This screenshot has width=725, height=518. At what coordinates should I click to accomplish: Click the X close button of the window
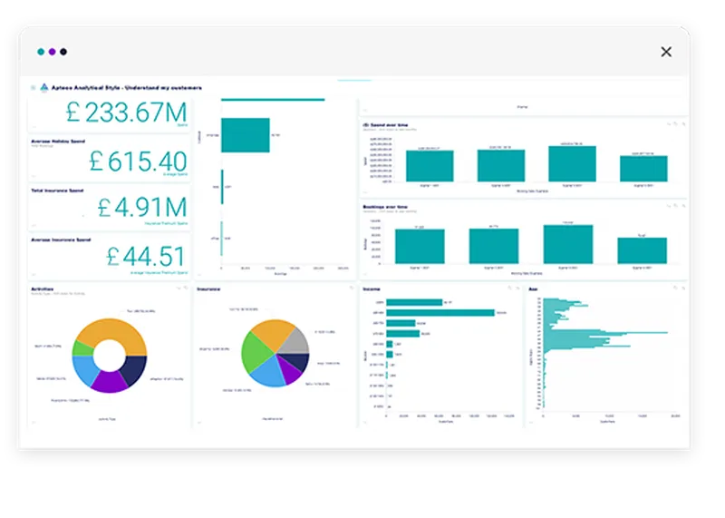666,52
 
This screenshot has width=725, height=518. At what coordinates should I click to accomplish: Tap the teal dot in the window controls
41,52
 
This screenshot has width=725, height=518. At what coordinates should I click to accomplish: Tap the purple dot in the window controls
52,52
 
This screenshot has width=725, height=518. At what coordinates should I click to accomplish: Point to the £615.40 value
137,161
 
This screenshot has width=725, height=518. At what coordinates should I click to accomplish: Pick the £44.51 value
145,255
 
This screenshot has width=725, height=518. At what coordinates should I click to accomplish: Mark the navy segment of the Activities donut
135,368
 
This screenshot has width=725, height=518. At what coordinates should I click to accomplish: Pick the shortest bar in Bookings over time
641,250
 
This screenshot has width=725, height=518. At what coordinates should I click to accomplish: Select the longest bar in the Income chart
440,312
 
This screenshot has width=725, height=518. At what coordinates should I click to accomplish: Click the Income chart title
372,289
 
